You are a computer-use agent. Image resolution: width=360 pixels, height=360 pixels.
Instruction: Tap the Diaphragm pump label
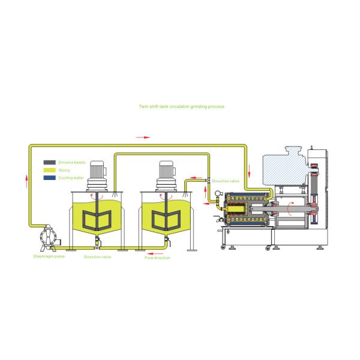[47, 256]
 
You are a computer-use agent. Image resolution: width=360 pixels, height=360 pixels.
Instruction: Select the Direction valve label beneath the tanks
[97, 256]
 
